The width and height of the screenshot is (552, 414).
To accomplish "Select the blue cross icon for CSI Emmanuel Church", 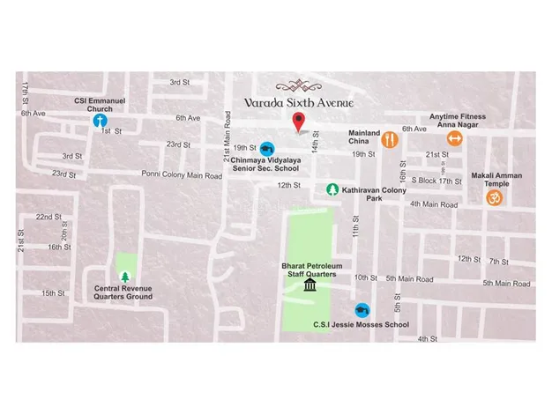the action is click(x=101, y=120).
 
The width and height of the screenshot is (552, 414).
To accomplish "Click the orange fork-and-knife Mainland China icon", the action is click(x=389, y=139).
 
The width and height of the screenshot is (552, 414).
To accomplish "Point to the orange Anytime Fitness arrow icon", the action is click(x=454, y=138).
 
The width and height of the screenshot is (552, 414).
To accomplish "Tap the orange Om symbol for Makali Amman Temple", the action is click(x=493, y=197).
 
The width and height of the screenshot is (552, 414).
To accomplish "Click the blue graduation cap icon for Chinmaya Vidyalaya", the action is click(x=267, y=149).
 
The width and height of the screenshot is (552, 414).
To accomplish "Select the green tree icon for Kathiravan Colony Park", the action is click(x=332, y=189).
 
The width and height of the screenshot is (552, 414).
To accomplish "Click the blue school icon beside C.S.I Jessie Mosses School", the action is click(x=362, y=311).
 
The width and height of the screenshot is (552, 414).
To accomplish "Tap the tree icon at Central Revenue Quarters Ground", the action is click(x=123, y=277).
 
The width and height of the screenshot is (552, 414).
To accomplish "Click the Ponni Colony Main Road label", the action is click(x=182, y=174).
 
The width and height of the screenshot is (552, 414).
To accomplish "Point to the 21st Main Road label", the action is click(x=227, y=136).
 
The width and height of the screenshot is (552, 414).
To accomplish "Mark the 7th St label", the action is click(x=499, y=262).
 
